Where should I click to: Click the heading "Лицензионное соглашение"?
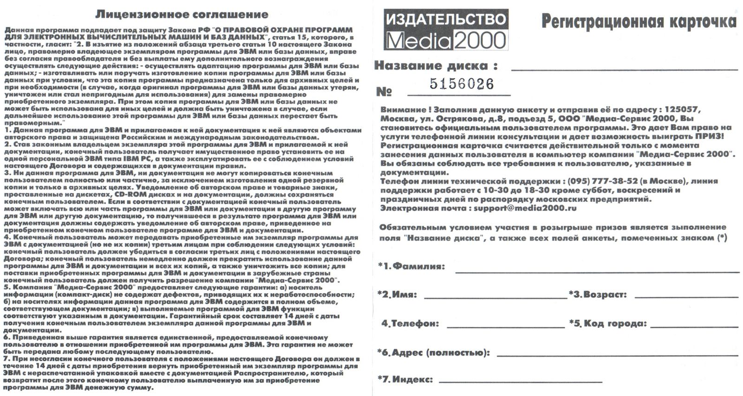tap(182, 15)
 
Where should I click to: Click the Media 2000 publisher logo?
tap(446, 30)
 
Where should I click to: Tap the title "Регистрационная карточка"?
tap(639, 21)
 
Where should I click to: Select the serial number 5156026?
tap(461, 84)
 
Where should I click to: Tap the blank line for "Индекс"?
tap(520, 381)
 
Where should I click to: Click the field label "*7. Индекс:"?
tap(405, 379)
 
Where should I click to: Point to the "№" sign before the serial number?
tap(384, 92)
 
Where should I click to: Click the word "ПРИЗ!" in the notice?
tap(709, 136)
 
